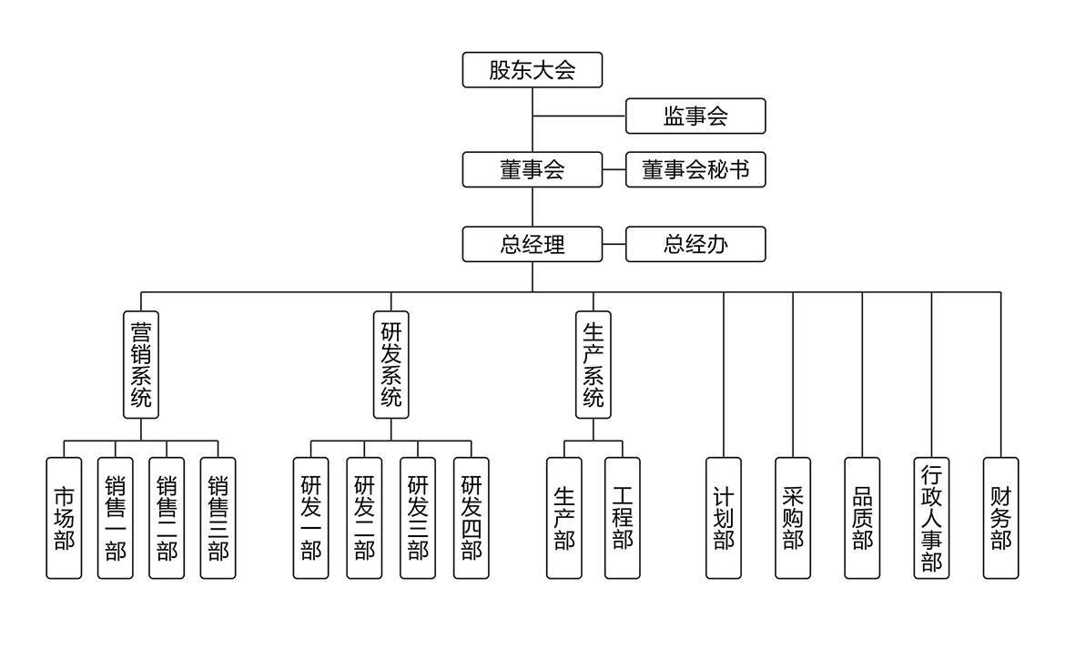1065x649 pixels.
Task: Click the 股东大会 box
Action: [x=532, y=70]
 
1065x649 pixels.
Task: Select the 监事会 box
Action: [x=695, y=117]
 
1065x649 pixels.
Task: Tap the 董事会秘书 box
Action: [x=695, y=170]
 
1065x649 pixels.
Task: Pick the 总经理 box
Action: [x=532, y=244]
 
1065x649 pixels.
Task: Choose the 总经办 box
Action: [x=695, y=244]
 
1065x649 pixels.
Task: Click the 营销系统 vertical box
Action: [x=141, y=364]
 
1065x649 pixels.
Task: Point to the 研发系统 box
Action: [x=391, y=364]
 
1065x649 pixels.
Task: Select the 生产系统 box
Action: [x=593, y=364]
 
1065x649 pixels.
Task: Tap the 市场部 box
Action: [x=64, y=518]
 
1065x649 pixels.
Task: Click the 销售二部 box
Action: [x=167, y=518]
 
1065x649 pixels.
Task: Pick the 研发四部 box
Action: [x=472, y=518]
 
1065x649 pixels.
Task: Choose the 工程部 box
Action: [x=623, y=518]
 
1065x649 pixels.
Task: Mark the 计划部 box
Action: [x=724, y=518]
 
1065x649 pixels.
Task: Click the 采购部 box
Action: [x=793, y=518]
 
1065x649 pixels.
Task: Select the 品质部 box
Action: [x=862, y=518]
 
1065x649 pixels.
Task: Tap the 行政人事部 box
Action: [x=931, y=518]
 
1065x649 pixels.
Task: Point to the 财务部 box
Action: [x=1000, y=518]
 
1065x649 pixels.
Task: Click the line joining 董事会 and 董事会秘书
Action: [x=614, y=170]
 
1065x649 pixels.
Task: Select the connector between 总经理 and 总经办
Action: [x=614, y=244]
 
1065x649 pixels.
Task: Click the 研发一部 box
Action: [x=310, y=518]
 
